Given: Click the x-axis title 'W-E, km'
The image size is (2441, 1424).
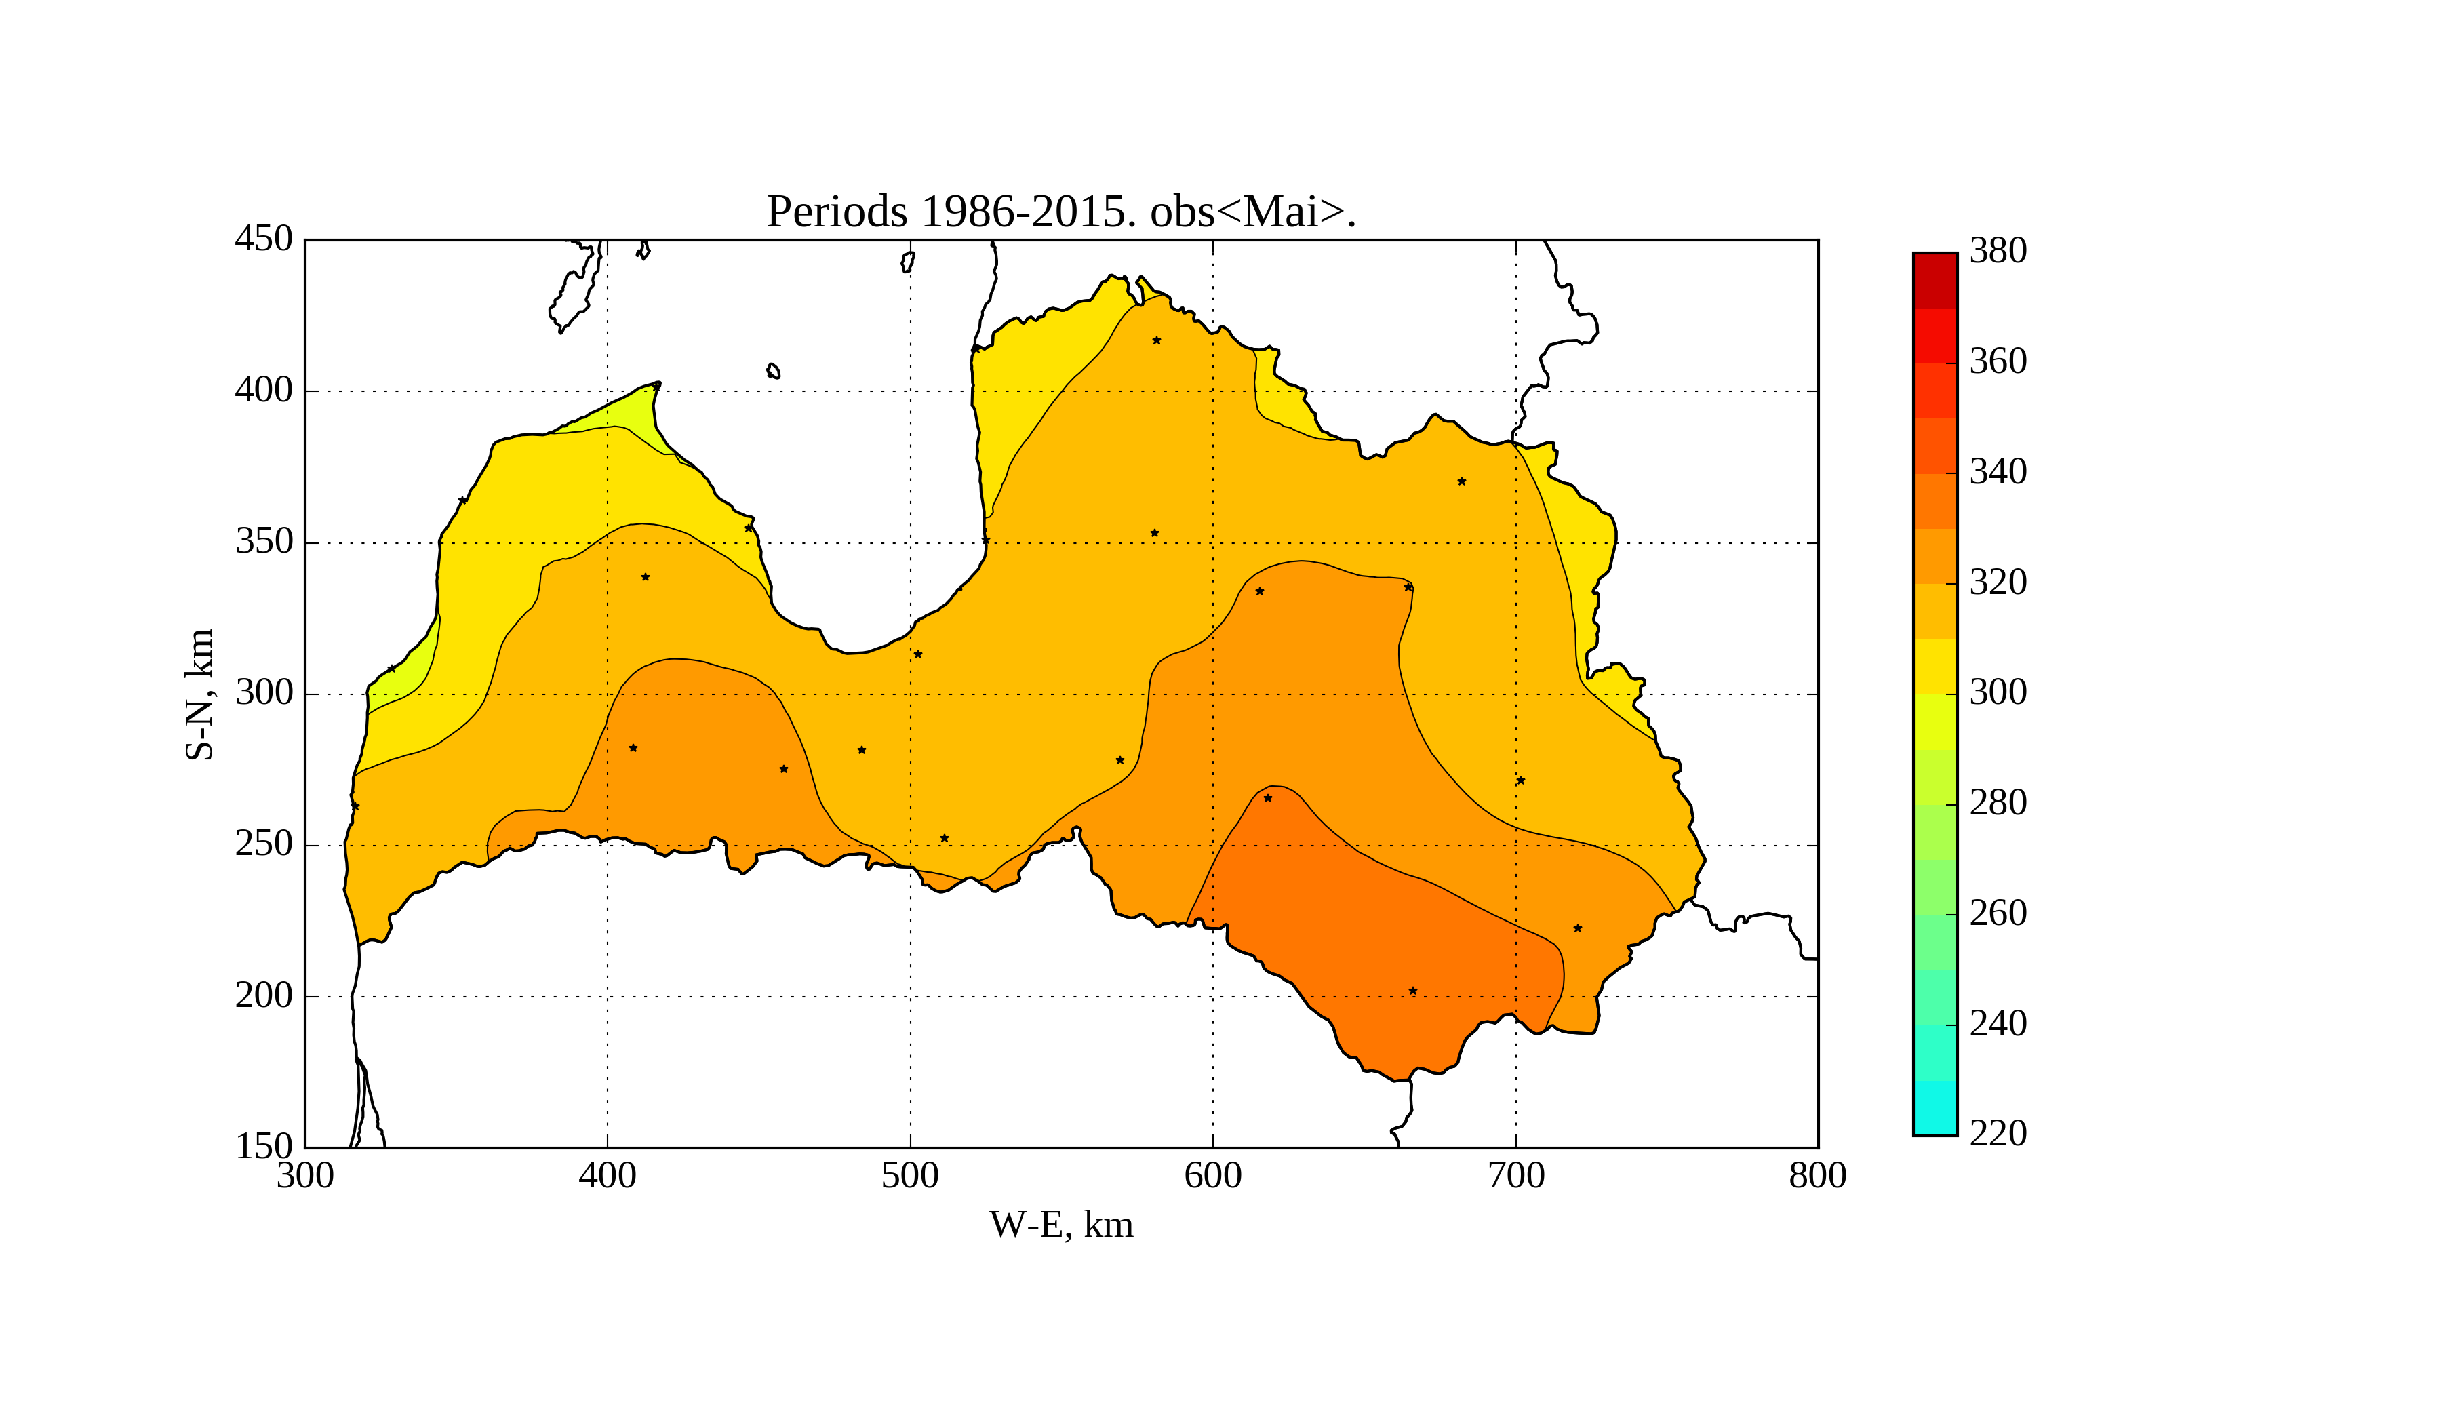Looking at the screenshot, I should pos(1060,1225).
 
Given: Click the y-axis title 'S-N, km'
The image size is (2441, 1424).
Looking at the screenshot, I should pos(199,694).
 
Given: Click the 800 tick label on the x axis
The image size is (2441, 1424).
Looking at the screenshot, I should pos(1817,1176).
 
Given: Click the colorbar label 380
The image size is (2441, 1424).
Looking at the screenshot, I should pos(1998,251).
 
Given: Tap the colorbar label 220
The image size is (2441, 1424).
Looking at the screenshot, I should pos(1998,1132).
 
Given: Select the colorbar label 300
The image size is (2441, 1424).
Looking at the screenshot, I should pos(1998,692).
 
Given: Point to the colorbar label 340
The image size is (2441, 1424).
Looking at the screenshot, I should pos(1998,472).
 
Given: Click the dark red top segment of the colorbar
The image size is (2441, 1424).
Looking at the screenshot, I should pos(1934,281).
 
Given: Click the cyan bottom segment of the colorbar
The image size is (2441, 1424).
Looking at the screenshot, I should pos(1934,1107).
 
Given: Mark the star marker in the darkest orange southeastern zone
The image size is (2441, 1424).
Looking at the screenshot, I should pos(1412,991).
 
